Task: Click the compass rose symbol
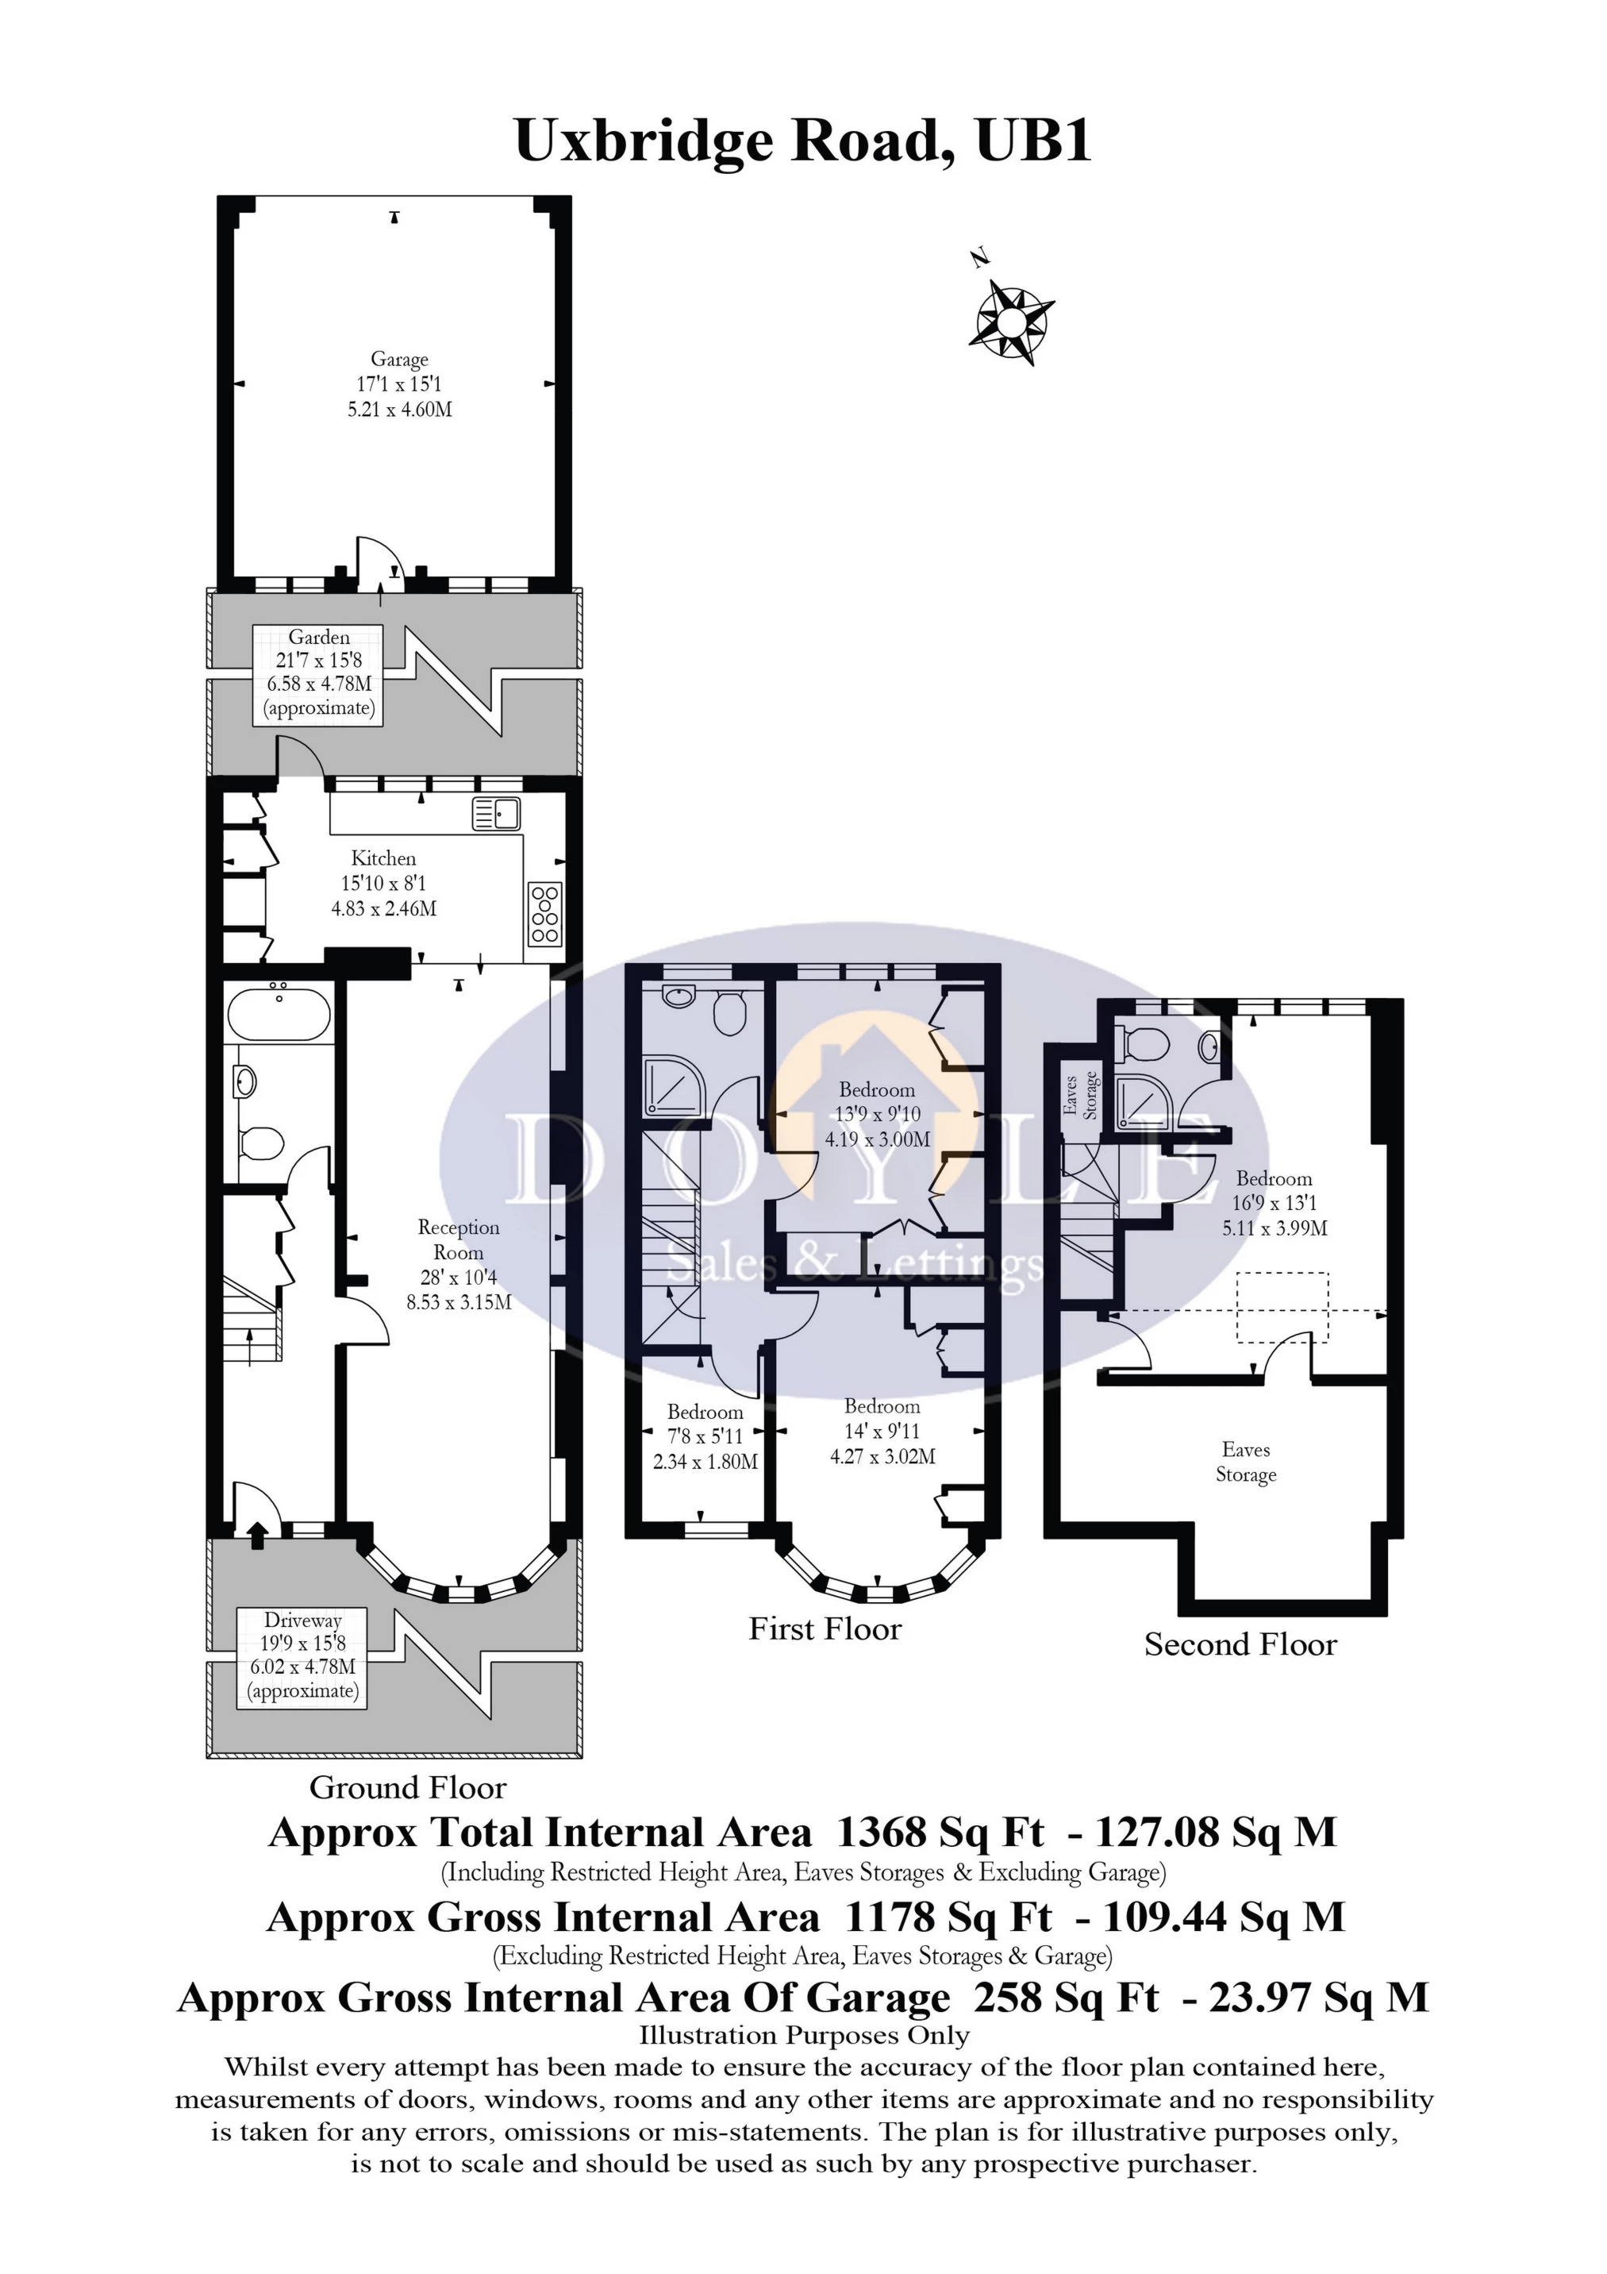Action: click(x=1010, y=321)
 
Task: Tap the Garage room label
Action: click(x=399, y=384)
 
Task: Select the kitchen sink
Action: click(x=496, y=813)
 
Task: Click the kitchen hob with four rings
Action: click(x=544, y=912)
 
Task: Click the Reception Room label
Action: click(x=459, y=1264)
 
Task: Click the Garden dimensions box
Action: click(x=319, y=673)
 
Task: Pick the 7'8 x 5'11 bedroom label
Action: click(x=705, y=1436)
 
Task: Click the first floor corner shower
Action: click(x=672, y=1085)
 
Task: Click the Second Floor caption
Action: click(x=1240, y=1645)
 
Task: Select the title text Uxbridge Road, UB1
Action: click(x=803, y=141)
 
